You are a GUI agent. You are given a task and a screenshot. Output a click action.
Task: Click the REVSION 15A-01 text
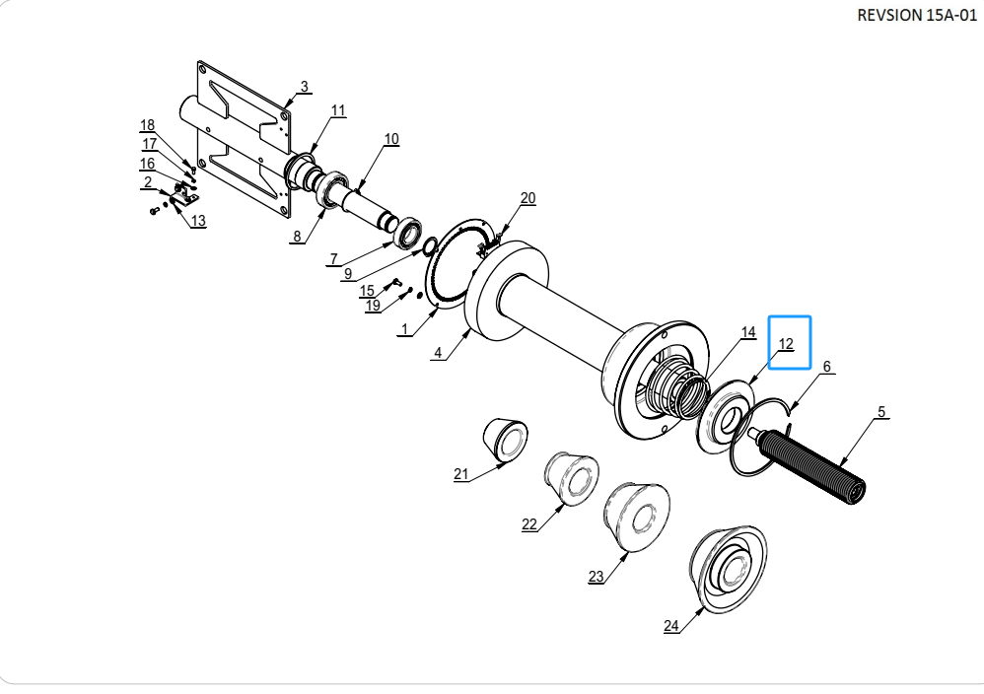coord(917,15)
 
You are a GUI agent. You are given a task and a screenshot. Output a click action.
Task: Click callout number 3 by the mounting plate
coord(305,87)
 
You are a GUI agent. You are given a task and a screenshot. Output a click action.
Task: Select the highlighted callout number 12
coord(786,344)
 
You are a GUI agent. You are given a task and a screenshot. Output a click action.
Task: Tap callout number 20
coord(527,198)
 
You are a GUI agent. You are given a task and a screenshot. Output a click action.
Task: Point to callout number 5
coord(881,412)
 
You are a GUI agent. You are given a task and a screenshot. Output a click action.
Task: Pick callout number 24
coord(671,626)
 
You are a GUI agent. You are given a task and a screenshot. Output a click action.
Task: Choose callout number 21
coord(461,474)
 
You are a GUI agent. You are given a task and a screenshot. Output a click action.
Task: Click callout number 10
coord(391,139)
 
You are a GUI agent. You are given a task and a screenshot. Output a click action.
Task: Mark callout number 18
coord(147,125)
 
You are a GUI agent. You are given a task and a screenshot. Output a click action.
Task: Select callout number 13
coord(197,221)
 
